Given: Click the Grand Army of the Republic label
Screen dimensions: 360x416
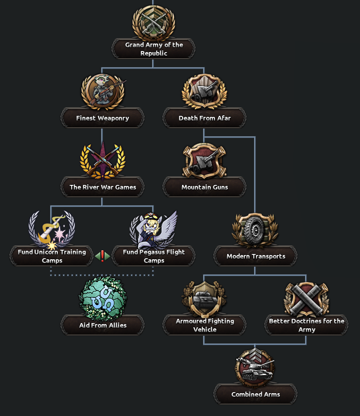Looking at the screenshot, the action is tap(153, 49).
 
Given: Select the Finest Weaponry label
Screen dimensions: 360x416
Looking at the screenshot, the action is tap(102, 118).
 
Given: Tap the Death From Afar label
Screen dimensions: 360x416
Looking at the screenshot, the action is tap(204, 118).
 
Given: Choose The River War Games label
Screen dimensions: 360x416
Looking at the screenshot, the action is tap(102, 187).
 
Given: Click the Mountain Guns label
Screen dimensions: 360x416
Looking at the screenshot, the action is tap(204, 187).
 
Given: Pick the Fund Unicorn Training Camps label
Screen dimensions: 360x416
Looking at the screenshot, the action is tap(52, 256).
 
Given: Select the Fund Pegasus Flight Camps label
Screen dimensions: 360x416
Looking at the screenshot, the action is tap(154, 256).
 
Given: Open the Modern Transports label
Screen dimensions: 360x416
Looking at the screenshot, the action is tap(255, 256).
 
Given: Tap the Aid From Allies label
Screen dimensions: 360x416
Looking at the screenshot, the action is tap(102, 325).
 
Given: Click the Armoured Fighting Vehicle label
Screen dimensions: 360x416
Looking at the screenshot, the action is tap(204, 325).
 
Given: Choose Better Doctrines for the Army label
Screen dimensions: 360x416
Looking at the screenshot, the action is tap(306, 325).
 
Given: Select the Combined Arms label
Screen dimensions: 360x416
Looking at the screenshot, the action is tap(255, 394).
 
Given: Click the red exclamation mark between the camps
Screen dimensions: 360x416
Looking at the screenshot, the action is tap(102, 256).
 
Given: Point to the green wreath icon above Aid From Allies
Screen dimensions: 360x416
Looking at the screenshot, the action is tap(102, 299).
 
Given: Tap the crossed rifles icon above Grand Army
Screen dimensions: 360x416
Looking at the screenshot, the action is tap(153, 22).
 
